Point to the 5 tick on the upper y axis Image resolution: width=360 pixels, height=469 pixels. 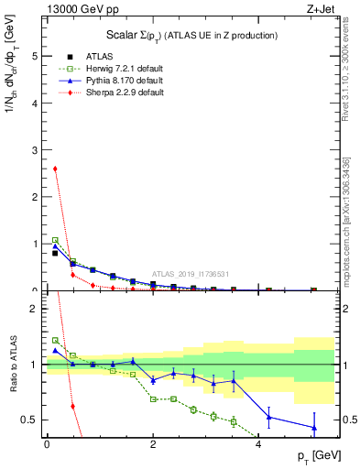point(36,56)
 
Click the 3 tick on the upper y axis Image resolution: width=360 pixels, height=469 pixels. point(36,149)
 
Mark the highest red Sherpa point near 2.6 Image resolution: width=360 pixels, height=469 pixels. point(55,169)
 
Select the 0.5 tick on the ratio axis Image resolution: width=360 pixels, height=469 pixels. point(31,420)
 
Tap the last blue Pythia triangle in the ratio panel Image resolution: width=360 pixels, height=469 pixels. point(314,428)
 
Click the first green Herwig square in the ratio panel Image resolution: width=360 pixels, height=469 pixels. point(55,340)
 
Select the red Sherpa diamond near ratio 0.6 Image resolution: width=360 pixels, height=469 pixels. point(72,406)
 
